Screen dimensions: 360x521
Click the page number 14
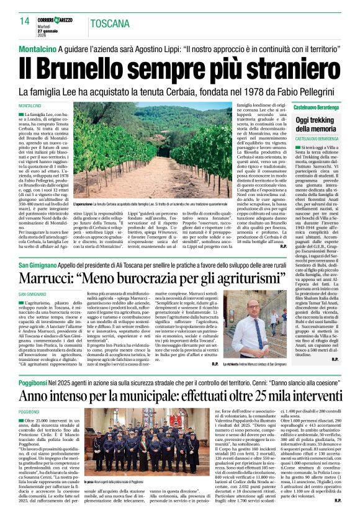[x=24, y=22]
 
